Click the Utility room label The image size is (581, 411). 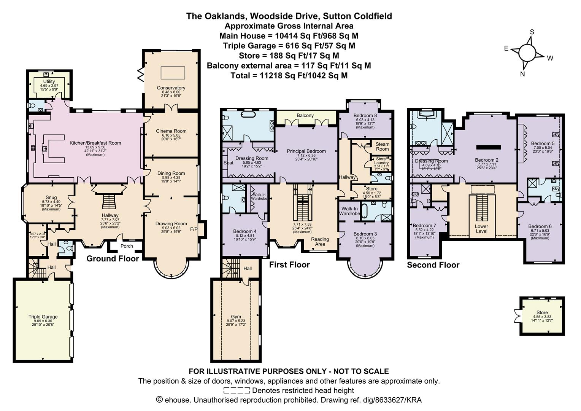pyautogui.click(x=49, y=81)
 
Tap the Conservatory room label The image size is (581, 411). pyautogui.click(x=171, y=88)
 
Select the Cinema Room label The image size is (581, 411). pyautogui.click(x=171, y=131)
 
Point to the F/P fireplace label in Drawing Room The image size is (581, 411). pyautogui.click(x=194, y=229)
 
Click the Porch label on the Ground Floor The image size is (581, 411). pyautogui.click(x=127, y=246)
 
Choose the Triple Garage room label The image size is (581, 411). pyautogui.click(x=43, y=317)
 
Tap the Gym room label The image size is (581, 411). pyautogui.click(x=236, y=317)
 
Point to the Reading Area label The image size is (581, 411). pyautogui.click(x=320, y=242)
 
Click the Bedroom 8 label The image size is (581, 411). pyautogui.click(x=365, y=116)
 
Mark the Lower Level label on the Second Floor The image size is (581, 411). pyautogui.click(x=481, y=229)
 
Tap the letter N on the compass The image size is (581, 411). pyautogui.click(x=522, y=74)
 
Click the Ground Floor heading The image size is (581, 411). pyautogui.click(x=113, y=259)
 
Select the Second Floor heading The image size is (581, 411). pyautogui.click(x=433, y=265)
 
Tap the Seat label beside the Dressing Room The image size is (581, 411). pyautogui.click(x=228, y=163)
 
